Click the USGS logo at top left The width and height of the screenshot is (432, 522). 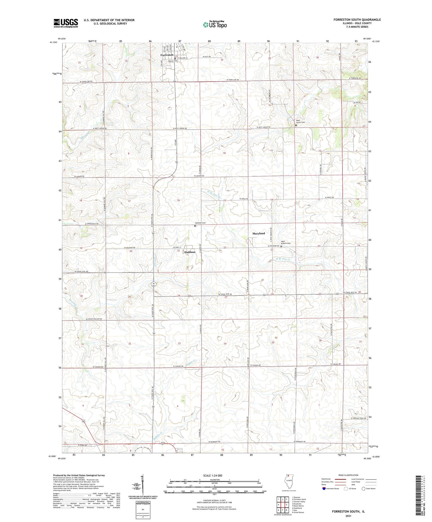[66, 23]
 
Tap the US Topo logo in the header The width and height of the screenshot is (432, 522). [214, 25]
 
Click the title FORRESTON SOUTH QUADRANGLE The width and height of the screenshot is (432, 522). [357, 20]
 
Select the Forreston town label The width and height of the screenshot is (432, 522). [167, 55]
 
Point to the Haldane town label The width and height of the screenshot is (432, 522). [190, 252]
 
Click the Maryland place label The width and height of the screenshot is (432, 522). [259, 233]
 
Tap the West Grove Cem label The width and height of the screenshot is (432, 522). [300, 122]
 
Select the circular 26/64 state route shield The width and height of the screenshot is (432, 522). [153, 284]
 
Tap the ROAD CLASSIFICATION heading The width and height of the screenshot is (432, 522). [349, 475]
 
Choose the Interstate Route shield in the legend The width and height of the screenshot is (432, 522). [324, 489]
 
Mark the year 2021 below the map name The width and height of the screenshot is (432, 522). [348, 516]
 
